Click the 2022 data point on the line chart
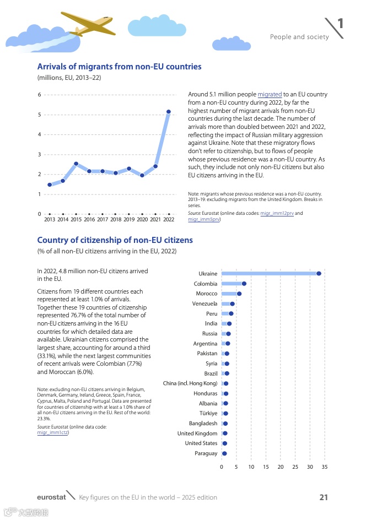pos(169,112)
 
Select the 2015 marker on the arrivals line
pos(76,164)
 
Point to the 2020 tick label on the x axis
pos(142,219)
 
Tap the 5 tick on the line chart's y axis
pos(39,115)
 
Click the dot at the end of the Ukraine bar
pos(319,273)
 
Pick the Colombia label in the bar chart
pos(206,284)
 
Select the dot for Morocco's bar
pos(239,294)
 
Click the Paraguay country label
pos(206,453)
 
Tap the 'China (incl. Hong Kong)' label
pos(190,383)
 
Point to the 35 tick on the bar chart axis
pos(325,467)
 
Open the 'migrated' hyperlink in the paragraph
pos(270,95)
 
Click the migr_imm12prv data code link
pos(277,213)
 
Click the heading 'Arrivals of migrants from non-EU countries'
pos(119,67)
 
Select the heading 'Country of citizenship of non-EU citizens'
pos(115,240)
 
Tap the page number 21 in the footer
pos(324,497)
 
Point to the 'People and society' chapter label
pos(299,37)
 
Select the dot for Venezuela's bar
pos(232,304)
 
